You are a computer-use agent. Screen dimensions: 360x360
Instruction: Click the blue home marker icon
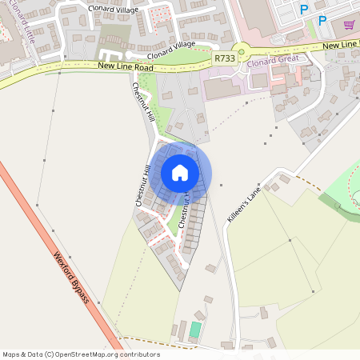tap(180, 173)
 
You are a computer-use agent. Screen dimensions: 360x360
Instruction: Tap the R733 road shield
tap(225, 58)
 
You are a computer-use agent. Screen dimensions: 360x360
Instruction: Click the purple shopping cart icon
tap(349, 25)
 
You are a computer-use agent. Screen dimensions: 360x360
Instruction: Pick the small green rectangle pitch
tap(195, 329)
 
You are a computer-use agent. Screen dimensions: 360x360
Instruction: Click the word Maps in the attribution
tap(11, 354)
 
